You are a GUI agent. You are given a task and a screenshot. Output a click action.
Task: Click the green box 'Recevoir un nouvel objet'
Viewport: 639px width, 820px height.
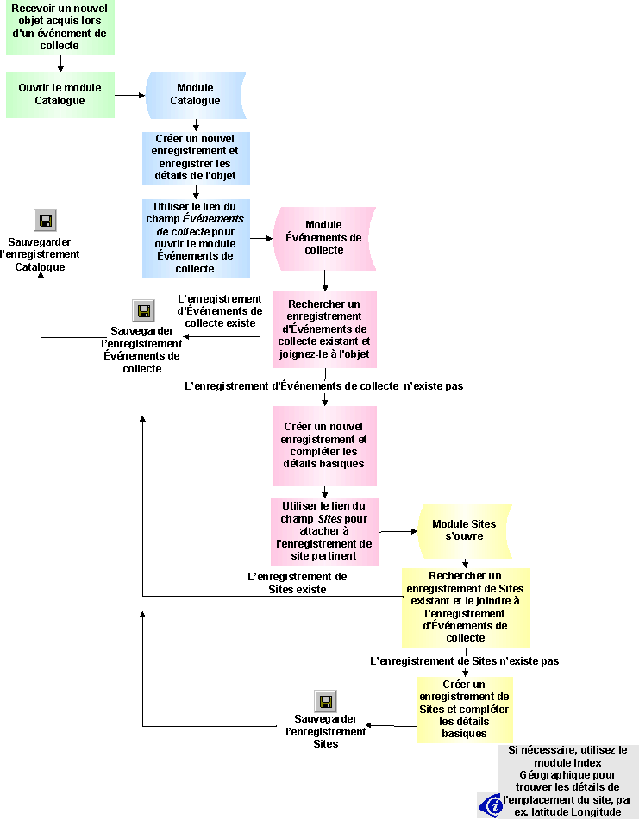tap(60, 28)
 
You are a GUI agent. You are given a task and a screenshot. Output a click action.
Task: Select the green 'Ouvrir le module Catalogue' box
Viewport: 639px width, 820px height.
tap(60, 94)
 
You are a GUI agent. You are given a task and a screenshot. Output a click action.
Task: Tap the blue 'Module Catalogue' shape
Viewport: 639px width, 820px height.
tap(196, 94)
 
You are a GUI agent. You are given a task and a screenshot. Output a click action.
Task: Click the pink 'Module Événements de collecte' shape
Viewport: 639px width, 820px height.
tap(323, 237)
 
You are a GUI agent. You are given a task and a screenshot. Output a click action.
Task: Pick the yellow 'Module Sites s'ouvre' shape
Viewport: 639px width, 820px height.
tap(464, 529)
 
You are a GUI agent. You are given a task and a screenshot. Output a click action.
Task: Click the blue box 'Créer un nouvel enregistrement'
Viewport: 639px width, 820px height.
tap(196, 158)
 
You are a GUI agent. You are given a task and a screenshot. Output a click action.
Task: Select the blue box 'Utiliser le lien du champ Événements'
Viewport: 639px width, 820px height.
tap(196, 238)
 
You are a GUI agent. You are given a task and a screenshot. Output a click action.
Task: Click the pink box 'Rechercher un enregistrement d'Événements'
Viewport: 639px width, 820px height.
tap(324, 329)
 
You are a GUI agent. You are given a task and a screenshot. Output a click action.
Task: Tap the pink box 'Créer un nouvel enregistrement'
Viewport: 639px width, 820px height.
tap(324, 445)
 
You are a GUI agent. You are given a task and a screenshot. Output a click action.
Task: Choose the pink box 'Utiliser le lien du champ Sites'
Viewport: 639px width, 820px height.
tap(324, 531)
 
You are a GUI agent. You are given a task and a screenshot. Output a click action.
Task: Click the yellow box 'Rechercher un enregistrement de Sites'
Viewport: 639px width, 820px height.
tap(465, 607)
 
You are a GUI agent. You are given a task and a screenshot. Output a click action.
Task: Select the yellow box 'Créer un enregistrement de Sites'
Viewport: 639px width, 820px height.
tap(464, 710)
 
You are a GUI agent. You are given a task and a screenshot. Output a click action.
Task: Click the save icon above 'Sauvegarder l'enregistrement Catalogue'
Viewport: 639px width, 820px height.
tap(45, 220)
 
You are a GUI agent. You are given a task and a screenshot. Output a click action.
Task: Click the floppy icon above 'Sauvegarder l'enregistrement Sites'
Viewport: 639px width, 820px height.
tap(325, 701)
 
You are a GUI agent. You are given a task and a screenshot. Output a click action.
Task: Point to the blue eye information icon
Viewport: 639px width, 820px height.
tap(491, 804)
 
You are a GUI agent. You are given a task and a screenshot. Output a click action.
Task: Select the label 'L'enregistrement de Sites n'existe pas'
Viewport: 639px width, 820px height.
tap(464, 661)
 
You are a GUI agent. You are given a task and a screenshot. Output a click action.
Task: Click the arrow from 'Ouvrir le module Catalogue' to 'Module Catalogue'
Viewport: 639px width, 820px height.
tap(128, 94)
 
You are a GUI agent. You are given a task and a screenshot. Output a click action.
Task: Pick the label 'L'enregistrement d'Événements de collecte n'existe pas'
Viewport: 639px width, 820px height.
tap(324, 386)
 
